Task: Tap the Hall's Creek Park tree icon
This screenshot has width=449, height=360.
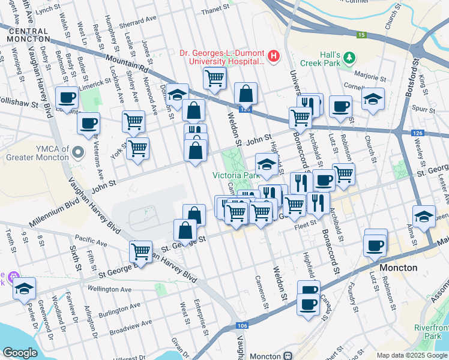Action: pyautogui.click(x=349, y=58)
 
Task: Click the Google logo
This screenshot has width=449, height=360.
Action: pyautogui.click(x=20, y=353)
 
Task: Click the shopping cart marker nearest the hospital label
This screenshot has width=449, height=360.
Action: pyautogui.click(x=214, y=77)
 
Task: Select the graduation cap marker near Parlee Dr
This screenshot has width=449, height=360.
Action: pyautogui.click(x=24, y=288)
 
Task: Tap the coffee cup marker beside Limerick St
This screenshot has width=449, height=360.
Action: pyautogui.click(x=67, y=97)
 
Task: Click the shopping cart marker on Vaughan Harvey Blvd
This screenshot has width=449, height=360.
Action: pyautogui.click(x=140, y=251)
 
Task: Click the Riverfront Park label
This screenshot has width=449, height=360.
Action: pyautogui.click(x=430, y=332)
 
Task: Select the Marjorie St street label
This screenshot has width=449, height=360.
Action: pyautogui.click(x=372, y=77)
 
